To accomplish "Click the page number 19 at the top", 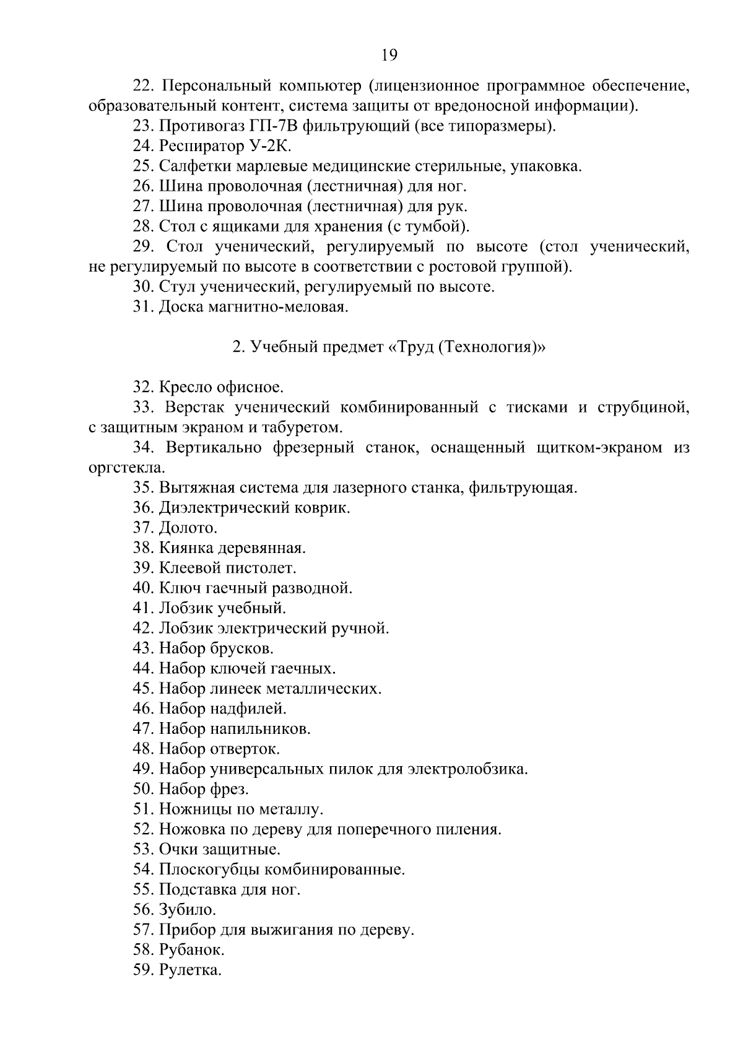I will [x=389, y=55].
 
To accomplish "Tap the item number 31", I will [x=143, y=307].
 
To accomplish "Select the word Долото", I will [x=188, y=528].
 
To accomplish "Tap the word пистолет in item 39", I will [x=262, y=568].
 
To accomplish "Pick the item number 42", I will [x=143, y=628].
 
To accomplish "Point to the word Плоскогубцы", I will [x=209, y=870].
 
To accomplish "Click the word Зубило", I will [x=187, y=910].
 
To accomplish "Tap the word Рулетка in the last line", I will [x=189, y=970].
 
